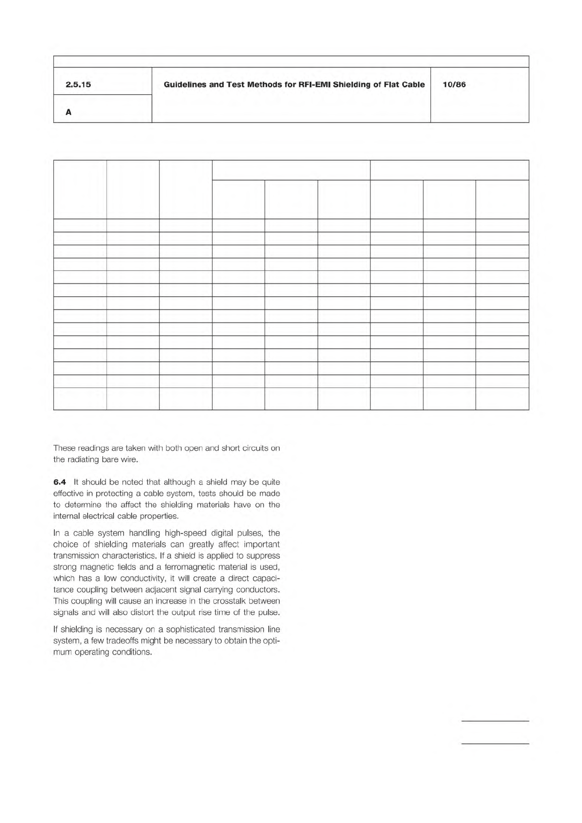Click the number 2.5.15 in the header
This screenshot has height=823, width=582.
[78, 85]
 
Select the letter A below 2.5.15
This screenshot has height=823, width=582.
[68, 112]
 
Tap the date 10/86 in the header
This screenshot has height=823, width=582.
[454, 85]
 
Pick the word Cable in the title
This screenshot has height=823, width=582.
[413, 85]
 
